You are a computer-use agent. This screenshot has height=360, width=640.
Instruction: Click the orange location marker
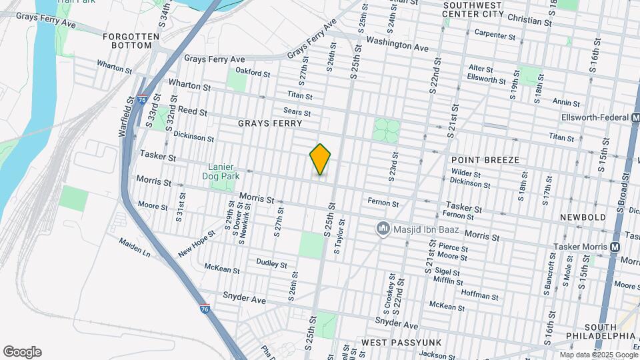321,159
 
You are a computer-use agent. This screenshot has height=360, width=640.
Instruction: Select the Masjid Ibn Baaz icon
383,229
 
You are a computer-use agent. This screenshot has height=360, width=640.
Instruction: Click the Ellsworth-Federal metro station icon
635,117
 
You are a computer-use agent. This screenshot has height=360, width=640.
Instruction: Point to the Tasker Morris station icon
615,246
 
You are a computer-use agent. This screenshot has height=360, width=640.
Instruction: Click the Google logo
22,352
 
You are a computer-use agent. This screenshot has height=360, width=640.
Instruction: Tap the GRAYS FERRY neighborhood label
270,123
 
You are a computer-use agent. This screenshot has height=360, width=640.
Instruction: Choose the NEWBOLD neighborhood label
582,217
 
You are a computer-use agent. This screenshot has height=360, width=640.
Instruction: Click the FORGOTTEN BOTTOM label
131,41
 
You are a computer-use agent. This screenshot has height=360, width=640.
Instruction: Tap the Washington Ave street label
397,48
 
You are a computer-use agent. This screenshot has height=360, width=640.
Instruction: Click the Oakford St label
253,74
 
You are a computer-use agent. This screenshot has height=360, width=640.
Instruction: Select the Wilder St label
465,173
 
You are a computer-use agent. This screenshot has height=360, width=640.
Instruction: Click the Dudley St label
271,263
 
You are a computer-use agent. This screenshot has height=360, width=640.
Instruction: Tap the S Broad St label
625,193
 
